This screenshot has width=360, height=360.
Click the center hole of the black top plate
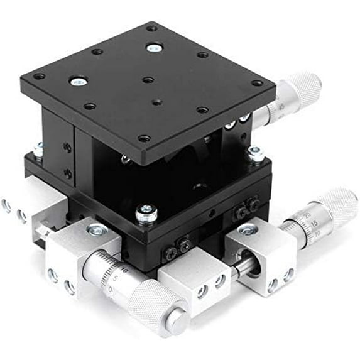tap(147, 80)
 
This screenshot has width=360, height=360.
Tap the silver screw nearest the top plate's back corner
tap(153, 47)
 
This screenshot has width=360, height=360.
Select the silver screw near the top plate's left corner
tap(79, 81)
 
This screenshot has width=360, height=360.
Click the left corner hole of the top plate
tap(39, 77)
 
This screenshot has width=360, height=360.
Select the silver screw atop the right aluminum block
tap(248, 231)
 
